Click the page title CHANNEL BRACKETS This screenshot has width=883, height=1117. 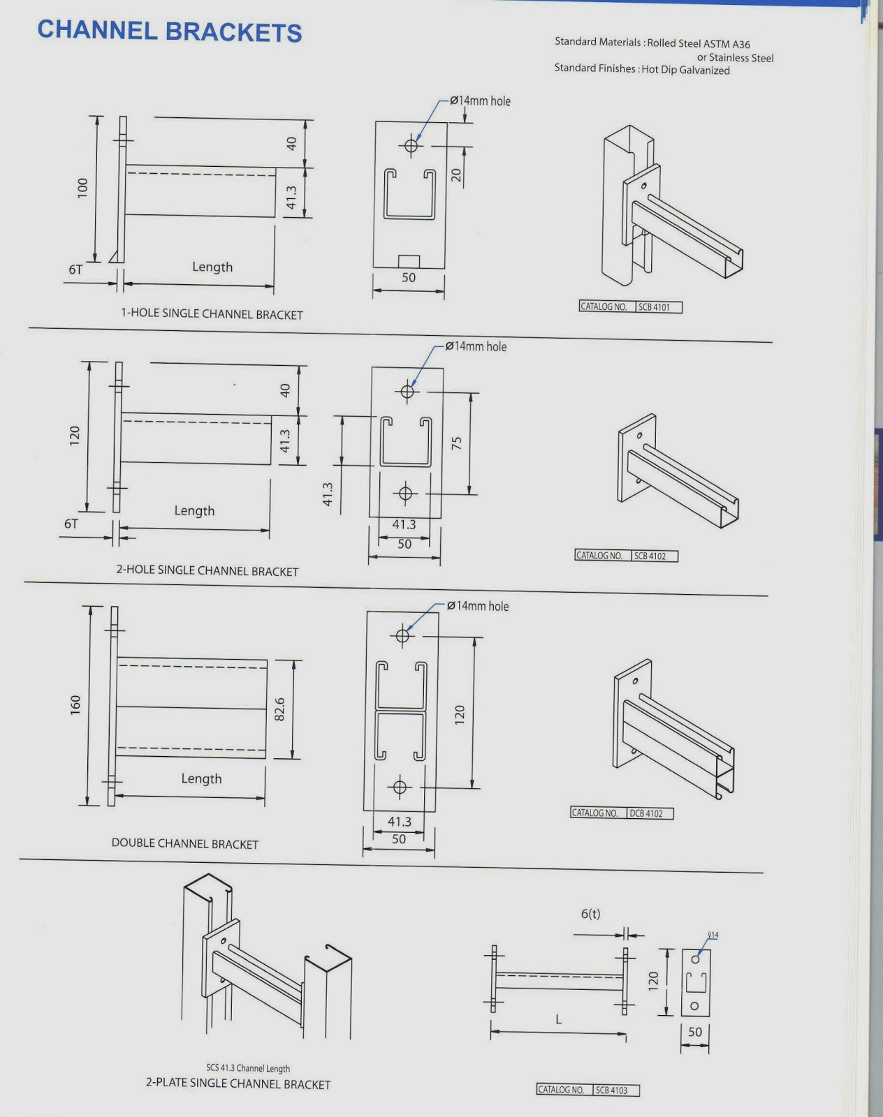169,31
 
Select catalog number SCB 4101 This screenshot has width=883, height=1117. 654,307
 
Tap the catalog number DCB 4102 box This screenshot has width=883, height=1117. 645,813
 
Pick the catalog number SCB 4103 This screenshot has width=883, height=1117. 611,1090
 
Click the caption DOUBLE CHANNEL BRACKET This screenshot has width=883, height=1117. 184,843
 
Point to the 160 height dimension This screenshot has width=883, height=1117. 75,704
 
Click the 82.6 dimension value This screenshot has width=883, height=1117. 279,709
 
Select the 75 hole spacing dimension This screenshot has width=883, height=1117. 456,443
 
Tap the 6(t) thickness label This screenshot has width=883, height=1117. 590,914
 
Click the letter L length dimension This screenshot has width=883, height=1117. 558,1019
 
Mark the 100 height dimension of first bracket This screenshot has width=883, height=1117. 83,188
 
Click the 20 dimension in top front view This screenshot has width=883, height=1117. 456,175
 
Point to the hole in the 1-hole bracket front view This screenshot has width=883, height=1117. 411,146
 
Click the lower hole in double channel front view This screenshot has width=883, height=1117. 400,787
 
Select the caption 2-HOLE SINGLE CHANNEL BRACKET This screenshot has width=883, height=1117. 207,570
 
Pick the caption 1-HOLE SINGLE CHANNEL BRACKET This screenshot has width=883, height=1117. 212,314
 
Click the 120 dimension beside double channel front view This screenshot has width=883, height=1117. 459,713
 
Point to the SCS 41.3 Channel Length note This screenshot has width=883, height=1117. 247,1068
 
